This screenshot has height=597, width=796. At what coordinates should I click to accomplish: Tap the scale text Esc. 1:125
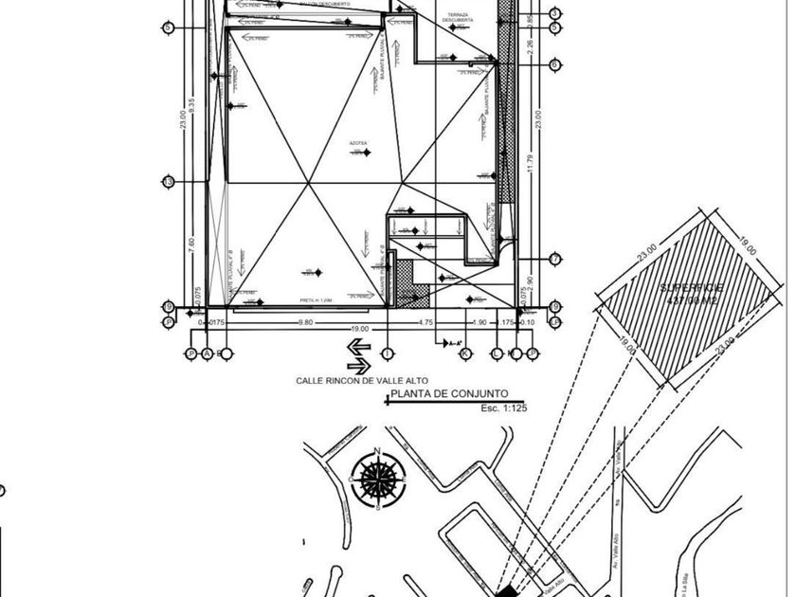click(x=503, y=408)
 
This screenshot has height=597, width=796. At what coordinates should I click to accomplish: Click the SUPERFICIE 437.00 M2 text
click(x=692, y=292)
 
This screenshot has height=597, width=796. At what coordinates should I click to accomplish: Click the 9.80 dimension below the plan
click(x=305, y=322)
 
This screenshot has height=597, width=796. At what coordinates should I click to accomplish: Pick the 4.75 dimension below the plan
click(x=426, y=322)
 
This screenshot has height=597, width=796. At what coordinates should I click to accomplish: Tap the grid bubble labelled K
click(x=465, y=354)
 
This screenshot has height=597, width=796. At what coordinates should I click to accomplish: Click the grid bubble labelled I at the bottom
click(x=387, y=354)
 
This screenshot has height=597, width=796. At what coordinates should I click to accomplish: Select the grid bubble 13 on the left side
click(x=168, y=182)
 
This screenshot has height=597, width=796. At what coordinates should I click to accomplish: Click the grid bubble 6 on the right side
click(x=554, y=64)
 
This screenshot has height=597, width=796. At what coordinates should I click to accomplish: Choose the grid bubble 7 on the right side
click(x=554, y=259)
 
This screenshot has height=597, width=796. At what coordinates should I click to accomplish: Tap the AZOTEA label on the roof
click(x=358, y=144)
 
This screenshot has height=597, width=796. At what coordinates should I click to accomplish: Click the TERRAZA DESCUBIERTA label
click(x=458, y=18)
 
